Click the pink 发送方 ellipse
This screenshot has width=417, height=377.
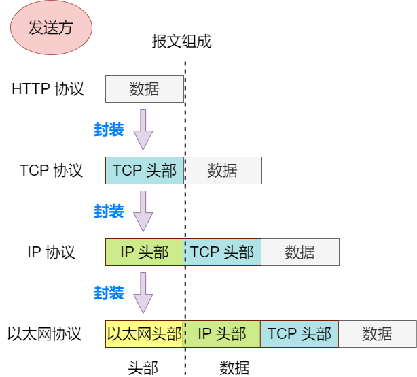(x=50, y=28)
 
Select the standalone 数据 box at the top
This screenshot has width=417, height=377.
(x=144, y=89)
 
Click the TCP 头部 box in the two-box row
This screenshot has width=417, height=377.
(x=145, y=170)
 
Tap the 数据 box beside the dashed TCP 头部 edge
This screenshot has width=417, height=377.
(x=223, y=170)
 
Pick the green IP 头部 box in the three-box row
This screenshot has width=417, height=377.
(x=145, y=252)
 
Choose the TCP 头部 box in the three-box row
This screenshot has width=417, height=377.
(x=222, y=252)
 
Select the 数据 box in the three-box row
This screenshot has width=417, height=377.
(x=300, y=252)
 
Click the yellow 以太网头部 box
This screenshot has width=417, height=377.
(x=145, y=333)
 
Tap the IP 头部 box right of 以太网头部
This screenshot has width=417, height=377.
(x=222, y=333)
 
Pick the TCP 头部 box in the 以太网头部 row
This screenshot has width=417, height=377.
(x=300, y=333)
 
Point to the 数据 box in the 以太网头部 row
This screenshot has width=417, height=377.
(x=378, y=333)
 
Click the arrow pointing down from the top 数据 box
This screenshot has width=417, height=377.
(x=143, y=129)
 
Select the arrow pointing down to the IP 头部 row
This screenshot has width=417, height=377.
(x=143, y=211)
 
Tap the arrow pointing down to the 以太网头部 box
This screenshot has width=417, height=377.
(x=143, y=293)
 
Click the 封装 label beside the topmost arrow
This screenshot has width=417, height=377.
(x=109, y=130)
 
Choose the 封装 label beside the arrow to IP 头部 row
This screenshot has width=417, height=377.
(x=109, y=212)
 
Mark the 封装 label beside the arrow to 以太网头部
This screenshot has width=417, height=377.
(x=109, y=293)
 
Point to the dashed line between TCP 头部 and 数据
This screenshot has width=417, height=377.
(x=184, y=170)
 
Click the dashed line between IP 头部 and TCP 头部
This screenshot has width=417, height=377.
(x=184, y=252)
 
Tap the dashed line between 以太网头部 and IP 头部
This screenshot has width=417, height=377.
(x=184, y=333)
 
